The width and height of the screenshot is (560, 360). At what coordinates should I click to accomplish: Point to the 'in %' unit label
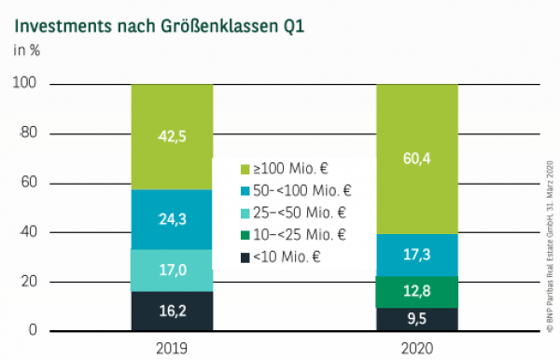coord(26,50)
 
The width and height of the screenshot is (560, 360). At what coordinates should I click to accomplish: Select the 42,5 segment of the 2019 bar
coord(172,136)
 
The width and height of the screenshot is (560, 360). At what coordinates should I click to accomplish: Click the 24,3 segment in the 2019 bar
coord(172,219)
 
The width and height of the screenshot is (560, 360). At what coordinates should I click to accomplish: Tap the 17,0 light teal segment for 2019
coord(172,270)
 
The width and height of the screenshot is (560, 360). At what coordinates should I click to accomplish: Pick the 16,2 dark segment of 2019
coord(172,311)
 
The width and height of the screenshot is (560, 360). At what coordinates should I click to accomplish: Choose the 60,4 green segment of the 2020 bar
coord(416,159)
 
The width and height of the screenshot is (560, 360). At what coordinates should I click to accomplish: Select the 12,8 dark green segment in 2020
coord(416,292)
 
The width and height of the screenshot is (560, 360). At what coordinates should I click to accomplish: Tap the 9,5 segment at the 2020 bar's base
coord(416,319)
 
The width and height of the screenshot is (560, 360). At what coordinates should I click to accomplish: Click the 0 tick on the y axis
coord(32,330)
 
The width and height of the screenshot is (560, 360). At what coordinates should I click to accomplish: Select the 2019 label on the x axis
coord(172,348)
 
